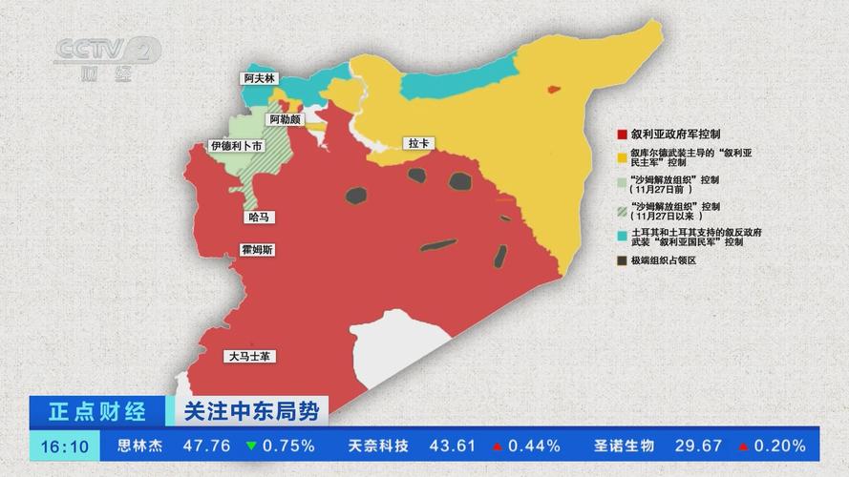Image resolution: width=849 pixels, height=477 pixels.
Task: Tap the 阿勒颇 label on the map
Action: [x=286, y=120]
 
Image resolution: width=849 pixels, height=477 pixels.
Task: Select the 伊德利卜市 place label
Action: [x=236, y=146]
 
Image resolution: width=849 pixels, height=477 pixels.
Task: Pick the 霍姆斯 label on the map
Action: [x=259, y=250]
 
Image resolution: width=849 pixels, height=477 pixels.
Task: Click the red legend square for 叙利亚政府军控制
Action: [x=622, y=135]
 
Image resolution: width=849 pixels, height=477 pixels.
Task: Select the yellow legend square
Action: [x=622, y=156]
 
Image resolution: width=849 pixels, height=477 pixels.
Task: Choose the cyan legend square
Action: [x=622, y=232]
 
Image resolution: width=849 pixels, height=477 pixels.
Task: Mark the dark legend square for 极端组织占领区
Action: [x=622, y=260]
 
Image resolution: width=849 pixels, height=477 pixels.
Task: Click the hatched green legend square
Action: [x=622, y=206]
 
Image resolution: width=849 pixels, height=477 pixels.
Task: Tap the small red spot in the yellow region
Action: [x=552, y=90]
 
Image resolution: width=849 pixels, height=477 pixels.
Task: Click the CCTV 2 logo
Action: [x=106, y=57]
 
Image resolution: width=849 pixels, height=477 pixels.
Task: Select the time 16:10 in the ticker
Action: [x=65, y=446]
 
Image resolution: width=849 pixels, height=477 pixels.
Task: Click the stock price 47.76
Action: [x=207, y=446]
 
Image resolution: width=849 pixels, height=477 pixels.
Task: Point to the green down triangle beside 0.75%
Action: [x=250, y=446]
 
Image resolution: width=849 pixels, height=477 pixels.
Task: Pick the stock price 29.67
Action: [x=698, y=446]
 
